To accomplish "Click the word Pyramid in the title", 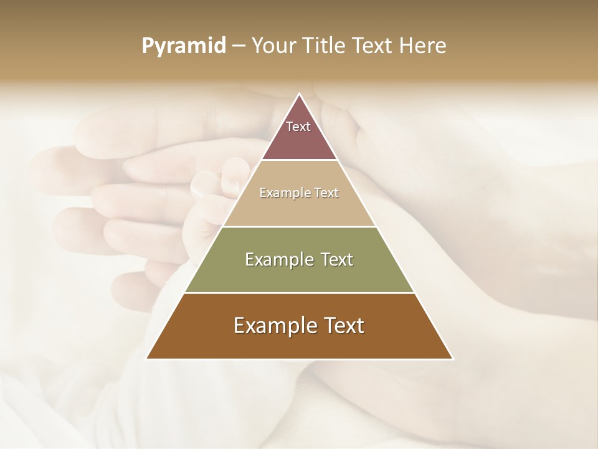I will coord(183,46).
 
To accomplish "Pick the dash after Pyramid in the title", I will coord(238,46).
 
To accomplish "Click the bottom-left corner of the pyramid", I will coord(147,359).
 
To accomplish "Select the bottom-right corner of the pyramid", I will coord(452,359).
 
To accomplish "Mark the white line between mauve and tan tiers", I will coord(299,160).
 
